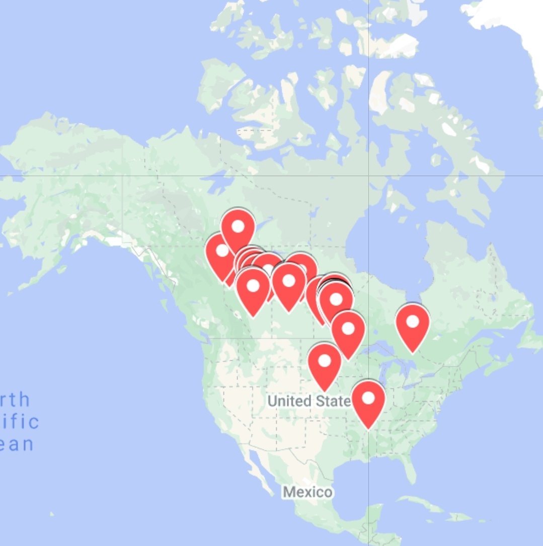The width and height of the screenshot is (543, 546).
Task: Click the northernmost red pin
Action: [238, 227]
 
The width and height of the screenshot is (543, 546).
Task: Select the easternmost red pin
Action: [413, 322]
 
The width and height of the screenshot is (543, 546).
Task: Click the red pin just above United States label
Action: [325, 361]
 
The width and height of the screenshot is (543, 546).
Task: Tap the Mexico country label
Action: [307, 492]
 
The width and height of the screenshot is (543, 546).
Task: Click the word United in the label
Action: [289, 401]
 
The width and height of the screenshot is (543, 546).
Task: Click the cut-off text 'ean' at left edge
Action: [17, 444]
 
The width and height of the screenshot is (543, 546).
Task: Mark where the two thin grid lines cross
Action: [368, 176]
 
